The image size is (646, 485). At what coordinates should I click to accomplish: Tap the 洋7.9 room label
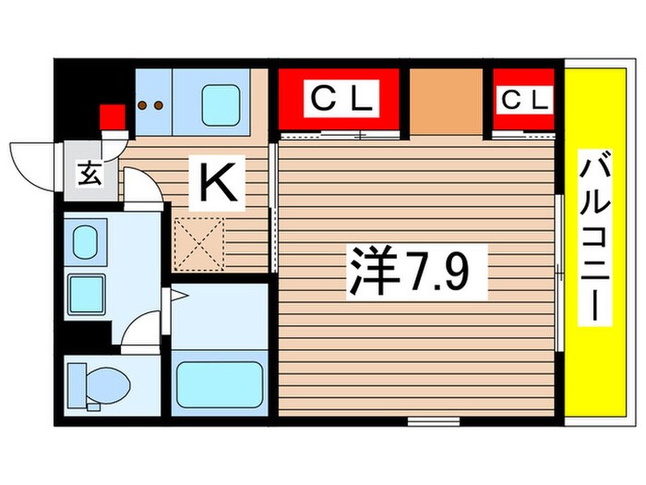[413, 272]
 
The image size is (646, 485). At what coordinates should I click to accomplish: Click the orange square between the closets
[447, 100]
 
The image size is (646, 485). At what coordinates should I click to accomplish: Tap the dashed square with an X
[197, 242]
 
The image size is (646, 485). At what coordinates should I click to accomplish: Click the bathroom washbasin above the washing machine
[85, 243]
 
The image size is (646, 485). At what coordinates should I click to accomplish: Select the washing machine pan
[88, 295]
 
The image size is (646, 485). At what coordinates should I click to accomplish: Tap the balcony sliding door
[559, 272]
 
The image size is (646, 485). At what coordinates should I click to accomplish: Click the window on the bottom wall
[426, 421]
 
